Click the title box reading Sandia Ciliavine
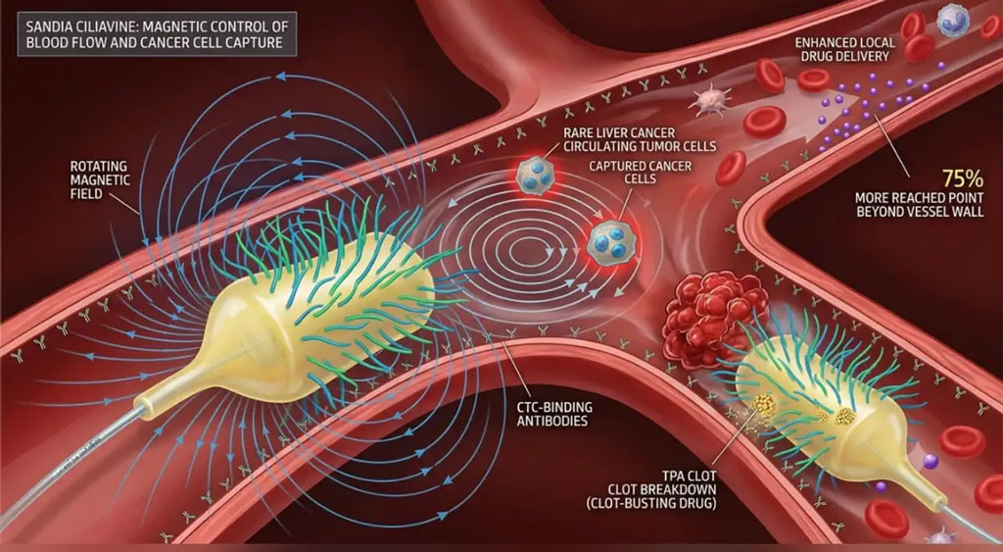pos(157,34)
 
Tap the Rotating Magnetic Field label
pos(101,179)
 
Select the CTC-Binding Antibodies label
pos(554,414)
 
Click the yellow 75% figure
pos(963,178)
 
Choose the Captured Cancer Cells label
pos(632,173)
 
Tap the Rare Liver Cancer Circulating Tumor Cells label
pos(639,139)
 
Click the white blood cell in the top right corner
pos(952,20)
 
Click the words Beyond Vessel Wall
pos(921,211)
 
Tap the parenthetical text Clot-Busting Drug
pos(651,503)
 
